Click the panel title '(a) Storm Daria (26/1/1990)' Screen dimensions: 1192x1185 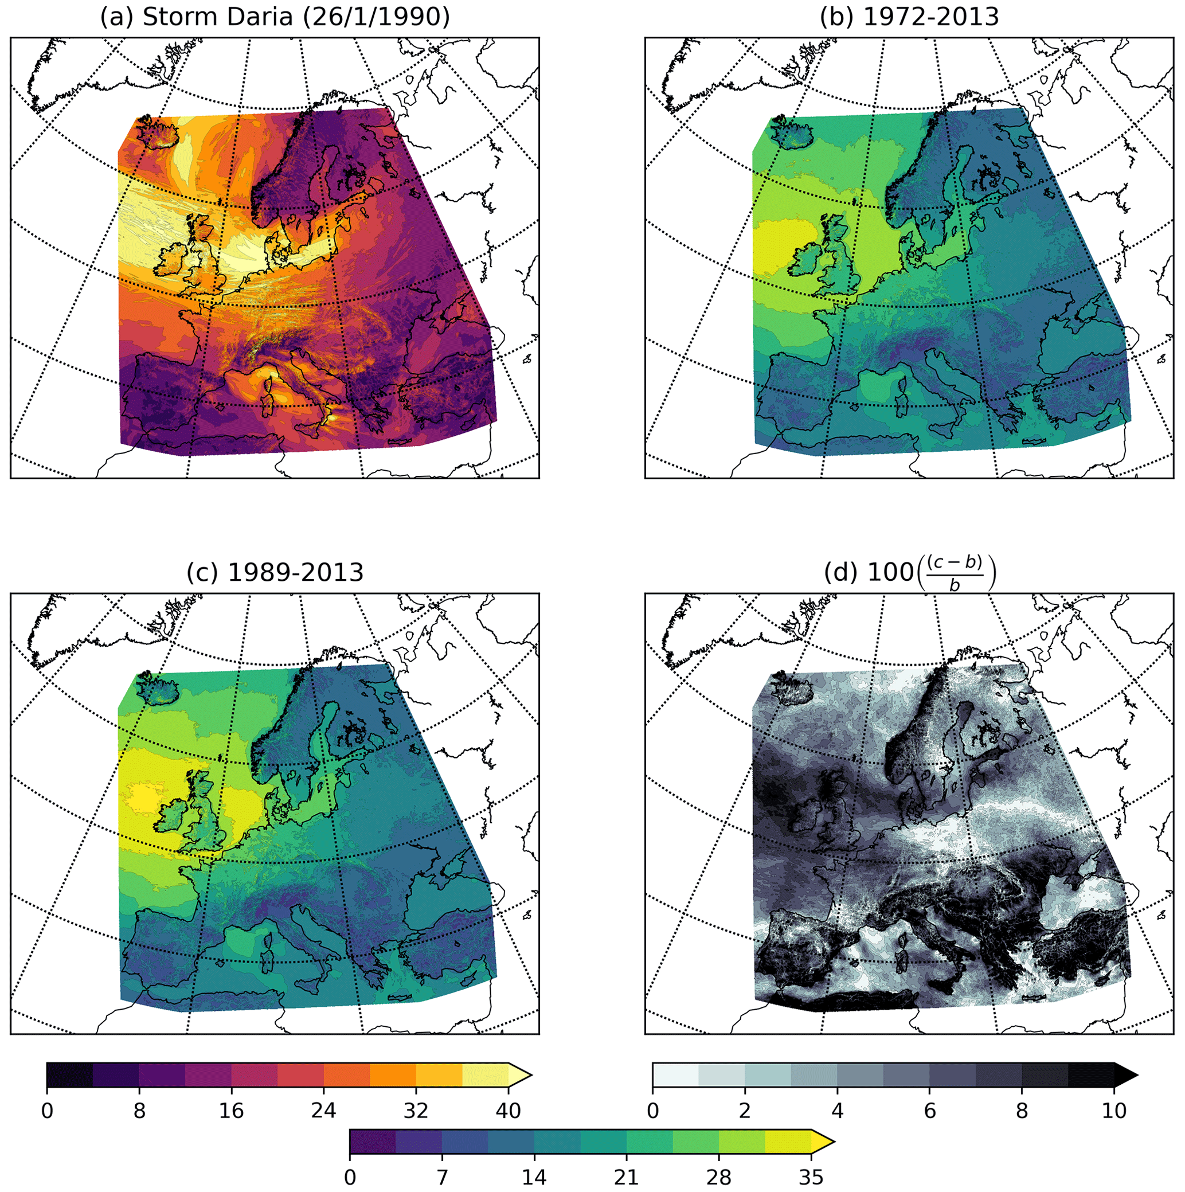click(275, 17)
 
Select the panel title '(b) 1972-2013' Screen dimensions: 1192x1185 click(909, 17)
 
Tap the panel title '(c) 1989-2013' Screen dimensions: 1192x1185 click(275, 573)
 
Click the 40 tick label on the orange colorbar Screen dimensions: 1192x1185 click(509, 1111)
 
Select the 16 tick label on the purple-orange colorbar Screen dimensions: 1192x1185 click(232, 1111)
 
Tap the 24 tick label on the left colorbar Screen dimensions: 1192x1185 click(323, 1111)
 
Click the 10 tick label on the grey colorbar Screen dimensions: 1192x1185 click(1114, 1111)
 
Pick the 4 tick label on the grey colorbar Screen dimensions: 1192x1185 click(837, 1111)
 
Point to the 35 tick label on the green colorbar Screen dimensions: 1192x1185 click(811, 1177)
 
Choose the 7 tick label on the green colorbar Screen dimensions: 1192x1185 click(441, 1177)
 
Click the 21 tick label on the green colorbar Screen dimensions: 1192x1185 click(626, 1177)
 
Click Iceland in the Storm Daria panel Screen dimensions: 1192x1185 click(157, 131)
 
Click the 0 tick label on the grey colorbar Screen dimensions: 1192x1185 click(652, 1111)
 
